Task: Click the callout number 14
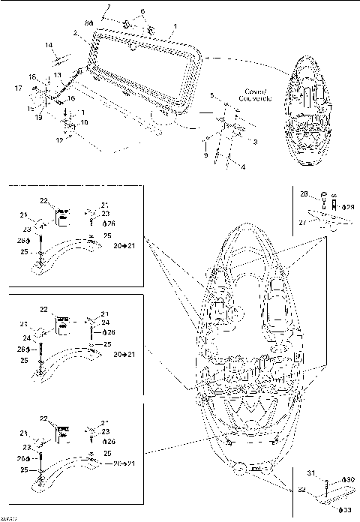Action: click(x=48, y=45)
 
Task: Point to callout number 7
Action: click(x=108, y=7)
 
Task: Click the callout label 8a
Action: click(x=91, y=24)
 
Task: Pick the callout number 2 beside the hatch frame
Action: click(x=76, y=34)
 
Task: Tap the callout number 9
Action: click(x=205, y=154)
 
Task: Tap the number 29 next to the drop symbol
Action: click(x=349, y=206)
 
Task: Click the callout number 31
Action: click(x=311, y=471)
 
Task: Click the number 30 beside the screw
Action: click(x=349, y=478)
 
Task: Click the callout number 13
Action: click(x=57, y=76)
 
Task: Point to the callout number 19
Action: click(x=37, y=117)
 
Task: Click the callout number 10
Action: click(x=82, y=122)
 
